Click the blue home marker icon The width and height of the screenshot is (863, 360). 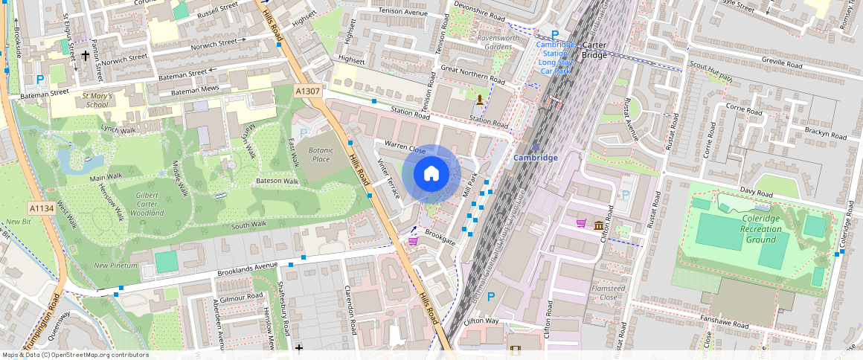(x=431, y=174)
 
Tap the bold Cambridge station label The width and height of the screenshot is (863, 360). (x=535, y=158)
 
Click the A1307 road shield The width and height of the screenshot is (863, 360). (x=307, y=91)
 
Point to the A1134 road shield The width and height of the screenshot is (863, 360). (x=42, y=209)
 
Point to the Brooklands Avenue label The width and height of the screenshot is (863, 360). (x=248, y=269)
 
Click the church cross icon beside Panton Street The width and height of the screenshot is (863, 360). (x=86, y=55)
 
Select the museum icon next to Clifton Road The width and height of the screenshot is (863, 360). (x=599, y=225)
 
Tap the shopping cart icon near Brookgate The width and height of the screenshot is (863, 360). (x=412, y=240)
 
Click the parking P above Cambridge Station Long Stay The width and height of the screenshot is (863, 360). (x=554, y=34)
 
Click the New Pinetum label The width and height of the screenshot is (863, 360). (x=115, y=265)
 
